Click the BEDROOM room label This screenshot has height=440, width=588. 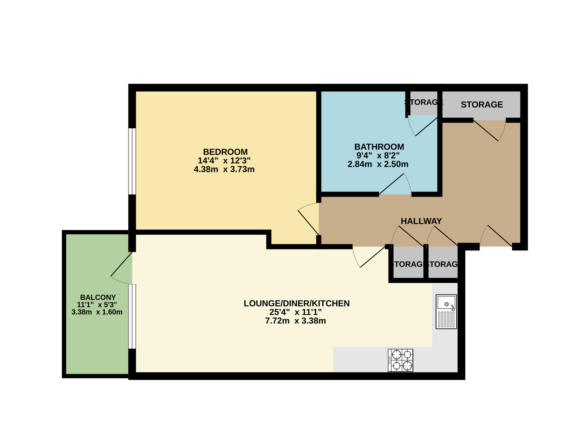[225, 152]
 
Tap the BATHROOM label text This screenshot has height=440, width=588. [379, 147]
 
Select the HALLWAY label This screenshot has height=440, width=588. [421, 221]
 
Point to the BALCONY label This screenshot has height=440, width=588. [98, 297]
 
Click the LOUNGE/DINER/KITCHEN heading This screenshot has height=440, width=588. [297, 303]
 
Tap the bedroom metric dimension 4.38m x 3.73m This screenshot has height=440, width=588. [224, 169]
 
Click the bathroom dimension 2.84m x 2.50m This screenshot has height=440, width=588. [378, 164]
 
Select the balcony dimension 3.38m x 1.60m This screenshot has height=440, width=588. [97, 312]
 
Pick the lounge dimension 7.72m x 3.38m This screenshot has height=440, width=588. [295, 321]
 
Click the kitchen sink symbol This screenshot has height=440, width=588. [446, 311]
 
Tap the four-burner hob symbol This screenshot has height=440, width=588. [400, 360]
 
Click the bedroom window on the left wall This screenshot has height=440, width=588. [132, 161]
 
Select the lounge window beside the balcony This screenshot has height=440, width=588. [132, 316]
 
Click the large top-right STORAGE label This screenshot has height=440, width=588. [482, 105]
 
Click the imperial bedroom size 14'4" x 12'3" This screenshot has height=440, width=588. [224, 160]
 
